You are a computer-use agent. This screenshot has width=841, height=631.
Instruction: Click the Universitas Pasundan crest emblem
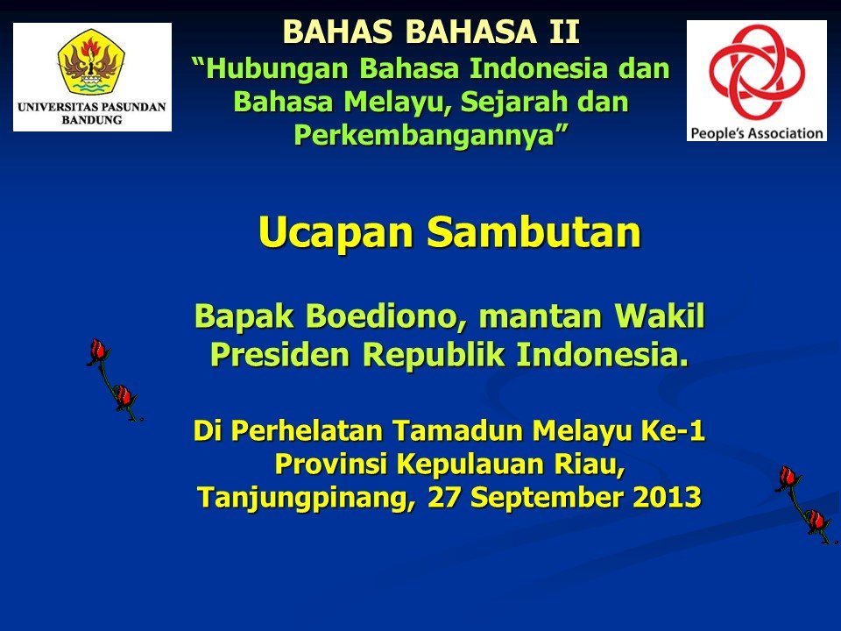91,62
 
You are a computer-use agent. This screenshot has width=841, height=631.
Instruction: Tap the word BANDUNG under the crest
92,120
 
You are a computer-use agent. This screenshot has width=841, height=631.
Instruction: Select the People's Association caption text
757,132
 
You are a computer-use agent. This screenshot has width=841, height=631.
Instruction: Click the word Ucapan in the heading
336,233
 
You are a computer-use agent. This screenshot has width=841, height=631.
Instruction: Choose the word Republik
434,354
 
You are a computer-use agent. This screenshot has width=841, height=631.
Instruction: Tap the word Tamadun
458,430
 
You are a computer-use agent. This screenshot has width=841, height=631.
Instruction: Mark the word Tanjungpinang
307,498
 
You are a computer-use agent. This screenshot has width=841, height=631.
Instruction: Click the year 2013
668,497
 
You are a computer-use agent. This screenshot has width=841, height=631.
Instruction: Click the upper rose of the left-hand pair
98,351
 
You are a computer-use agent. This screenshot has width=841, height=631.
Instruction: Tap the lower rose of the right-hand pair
816,521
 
